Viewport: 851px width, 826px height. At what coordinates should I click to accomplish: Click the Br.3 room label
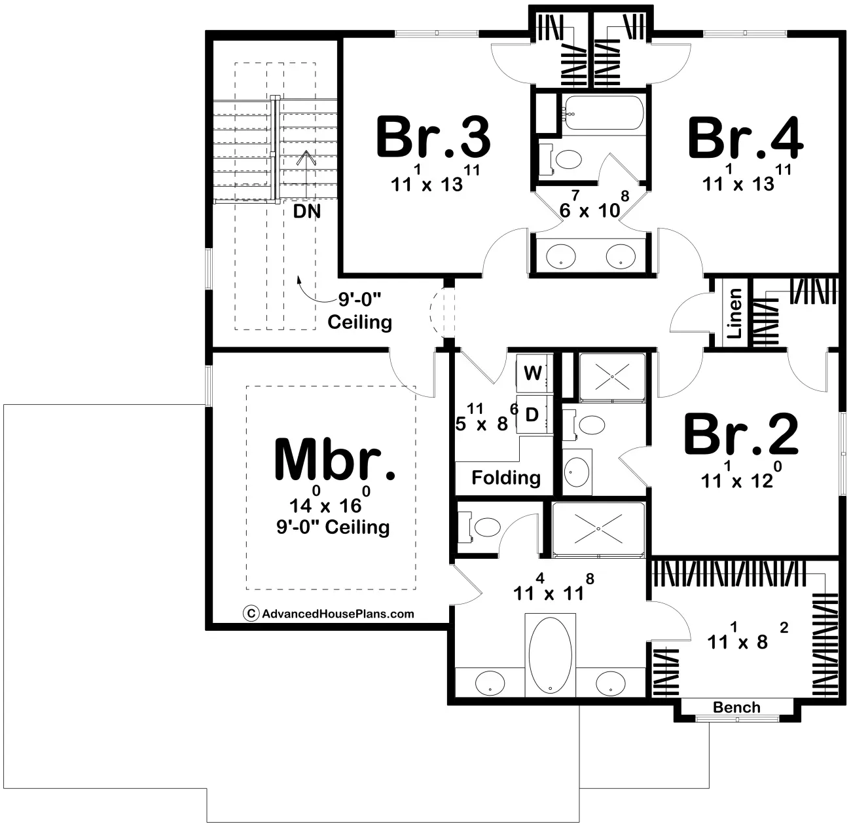433,137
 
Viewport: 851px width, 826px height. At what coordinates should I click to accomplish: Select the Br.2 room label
742,434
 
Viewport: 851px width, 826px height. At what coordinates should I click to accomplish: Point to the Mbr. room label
335,459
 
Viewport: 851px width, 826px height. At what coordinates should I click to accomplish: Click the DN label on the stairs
307,212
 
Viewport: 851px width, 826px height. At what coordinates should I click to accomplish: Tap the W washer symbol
533,373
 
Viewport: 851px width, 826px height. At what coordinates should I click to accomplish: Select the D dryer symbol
532,414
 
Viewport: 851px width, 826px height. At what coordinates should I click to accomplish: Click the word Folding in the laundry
506,478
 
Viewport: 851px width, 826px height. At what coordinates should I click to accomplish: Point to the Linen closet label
734,313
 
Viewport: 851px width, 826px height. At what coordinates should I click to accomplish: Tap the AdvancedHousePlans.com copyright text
329,614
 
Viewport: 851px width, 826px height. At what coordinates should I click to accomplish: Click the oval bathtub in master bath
550,655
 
